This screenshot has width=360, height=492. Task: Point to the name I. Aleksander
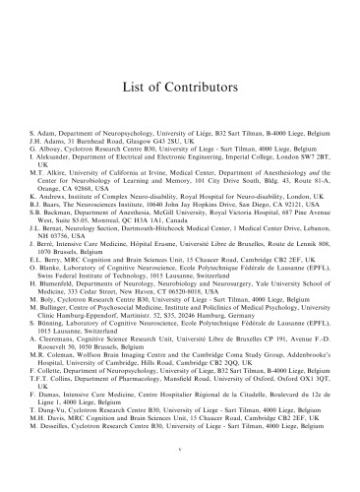53,155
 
